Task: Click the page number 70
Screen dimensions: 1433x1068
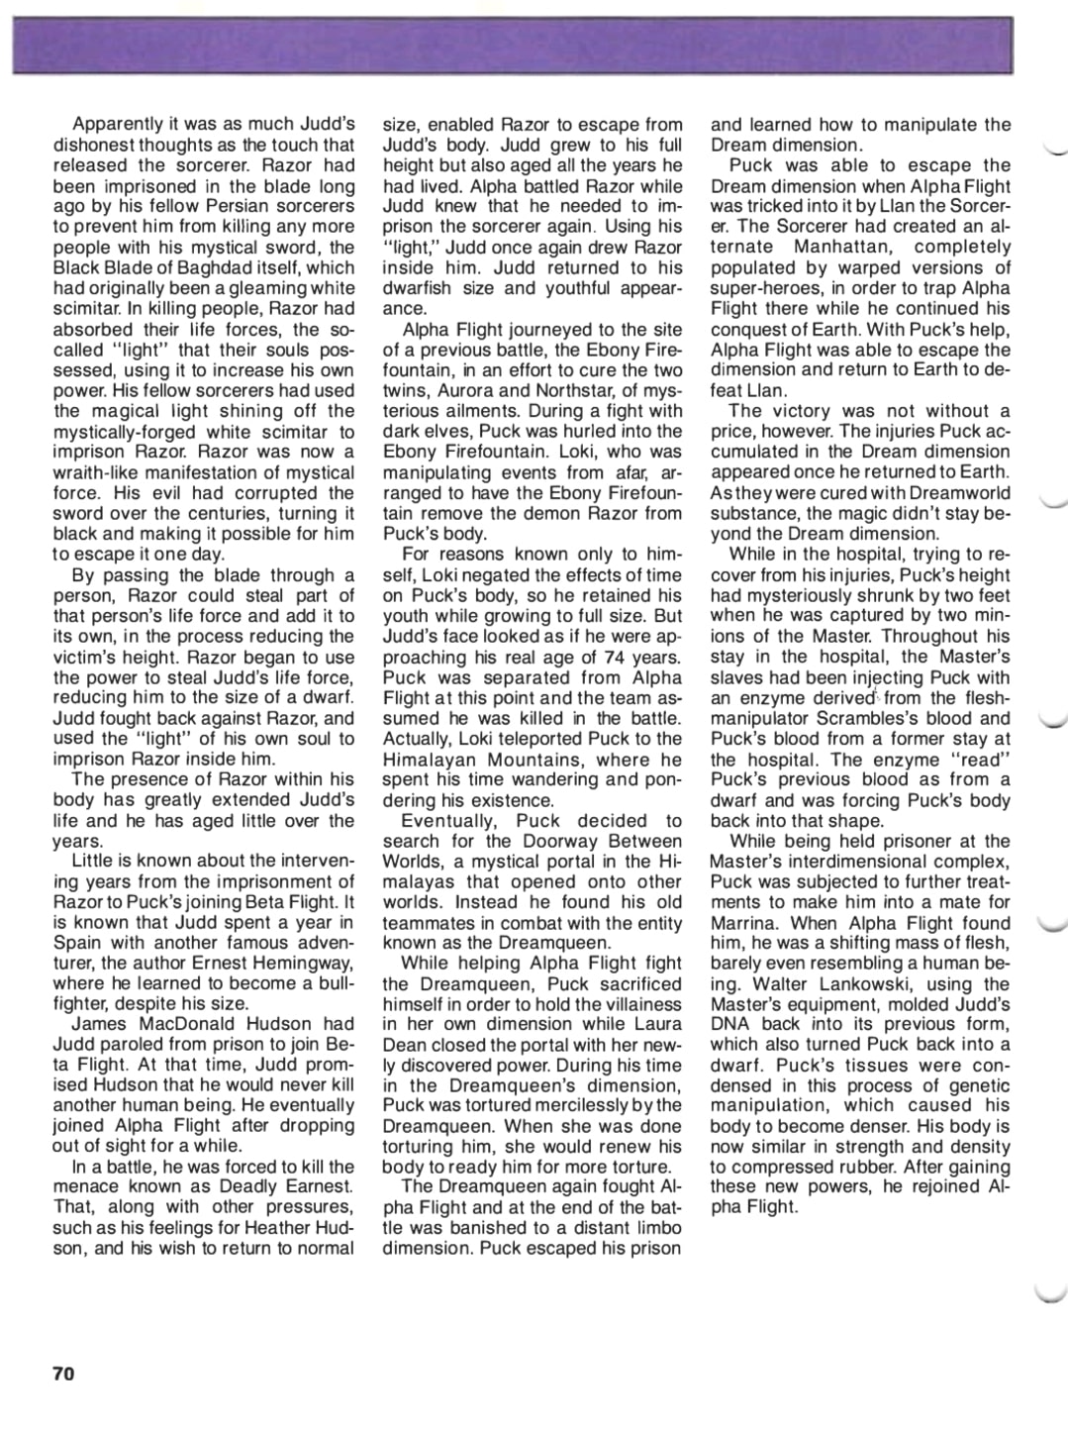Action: pos(63,1374)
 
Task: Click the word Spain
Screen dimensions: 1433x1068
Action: pos(77,943)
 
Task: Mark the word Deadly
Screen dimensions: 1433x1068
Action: pos(249,1186)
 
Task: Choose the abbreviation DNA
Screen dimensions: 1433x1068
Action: pos(730,1024)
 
